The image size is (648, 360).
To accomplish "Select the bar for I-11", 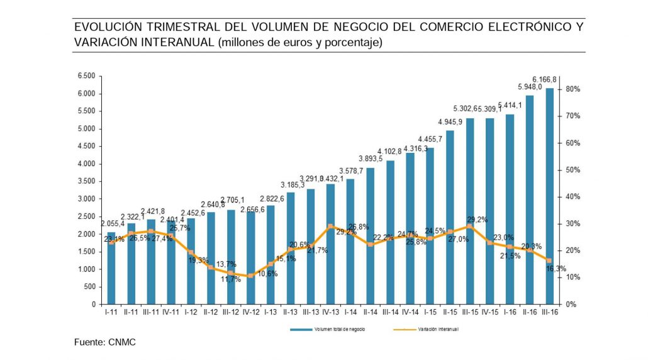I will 111,268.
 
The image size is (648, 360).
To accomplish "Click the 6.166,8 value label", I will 545,80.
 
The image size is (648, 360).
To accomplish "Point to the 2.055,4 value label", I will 113,223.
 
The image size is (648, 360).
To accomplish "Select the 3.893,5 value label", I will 371,159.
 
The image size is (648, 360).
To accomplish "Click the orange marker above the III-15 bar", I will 469,226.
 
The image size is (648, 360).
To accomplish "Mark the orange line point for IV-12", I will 250,276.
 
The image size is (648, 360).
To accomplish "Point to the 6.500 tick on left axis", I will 86,76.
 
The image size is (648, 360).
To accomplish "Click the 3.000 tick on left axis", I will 86,199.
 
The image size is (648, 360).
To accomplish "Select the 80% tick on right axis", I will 573,89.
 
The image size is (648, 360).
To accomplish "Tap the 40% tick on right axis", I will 573,197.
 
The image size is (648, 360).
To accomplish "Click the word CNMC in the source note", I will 122,342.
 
